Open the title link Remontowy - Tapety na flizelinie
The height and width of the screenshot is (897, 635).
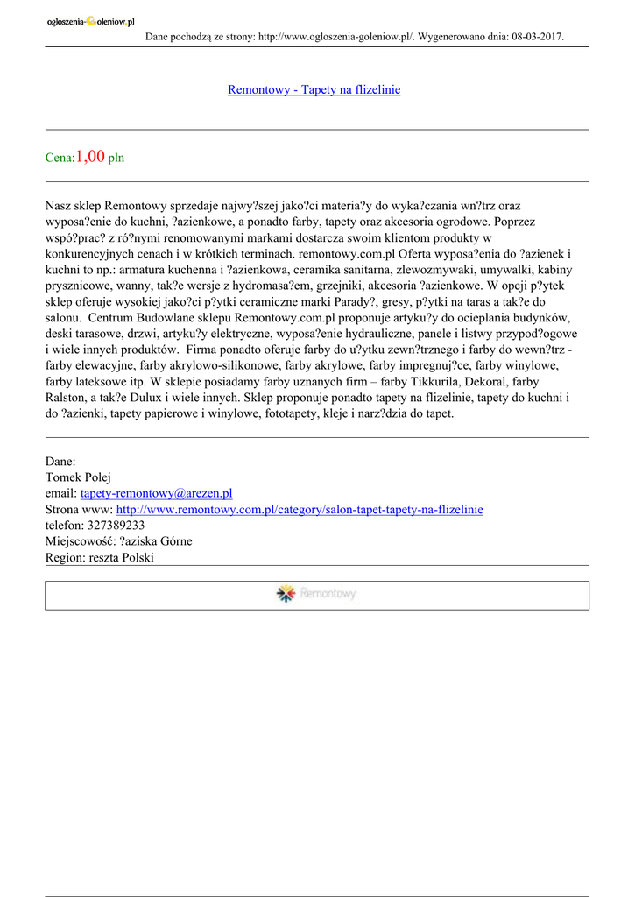click(314, 89)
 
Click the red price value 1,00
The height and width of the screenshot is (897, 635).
click(90, 157)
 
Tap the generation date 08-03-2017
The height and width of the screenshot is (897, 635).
click(534, 37)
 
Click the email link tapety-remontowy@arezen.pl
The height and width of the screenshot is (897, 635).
click(156, 493)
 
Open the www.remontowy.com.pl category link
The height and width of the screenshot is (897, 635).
click(300, 509)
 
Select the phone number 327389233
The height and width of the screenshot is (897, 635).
click(116, 525)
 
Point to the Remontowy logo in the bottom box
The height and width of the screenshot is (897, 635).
click(316, 594)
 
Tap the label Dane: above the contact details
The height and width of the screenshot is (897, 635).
click(60, 462)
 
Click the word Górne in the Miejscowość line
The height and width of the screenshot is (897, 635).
click(173, 540)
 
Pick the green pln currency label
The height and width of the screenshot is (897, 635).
click(116, 159)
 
